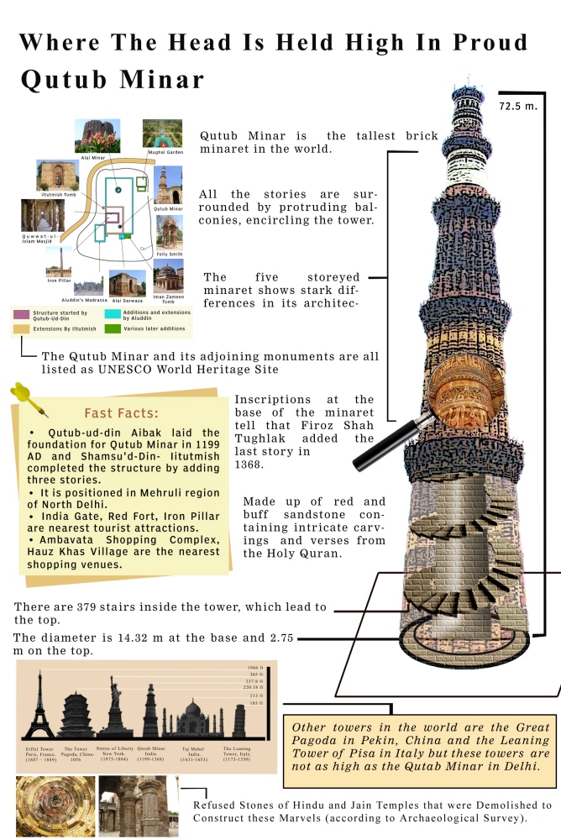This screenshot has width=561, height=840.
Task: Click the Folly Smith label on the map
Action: [169, 254]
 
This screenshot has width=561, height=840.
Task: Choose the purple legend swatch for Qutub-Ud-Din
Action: [22, 315]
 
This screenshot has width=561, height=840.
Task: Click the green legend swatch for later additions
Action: [112, 328]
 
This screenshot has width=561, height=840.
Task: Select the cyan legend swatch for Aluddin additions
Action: [112, 313]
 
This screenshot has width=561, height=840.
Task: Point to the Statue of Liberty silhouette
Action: [113, 710]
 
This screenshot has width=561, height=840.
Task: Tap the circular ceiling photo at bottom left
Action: [54, 805]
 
